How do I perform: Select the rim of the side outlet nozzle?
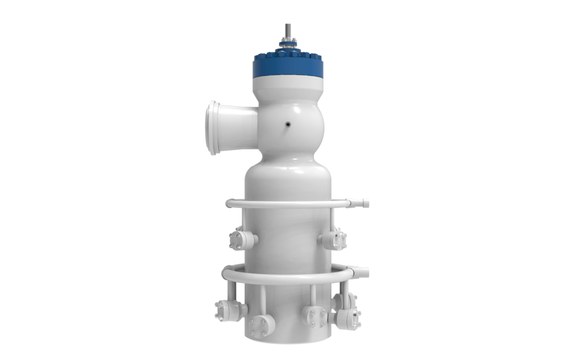tap(212, 128)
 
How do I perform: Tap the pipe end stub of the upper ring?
tap(362, 204)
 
